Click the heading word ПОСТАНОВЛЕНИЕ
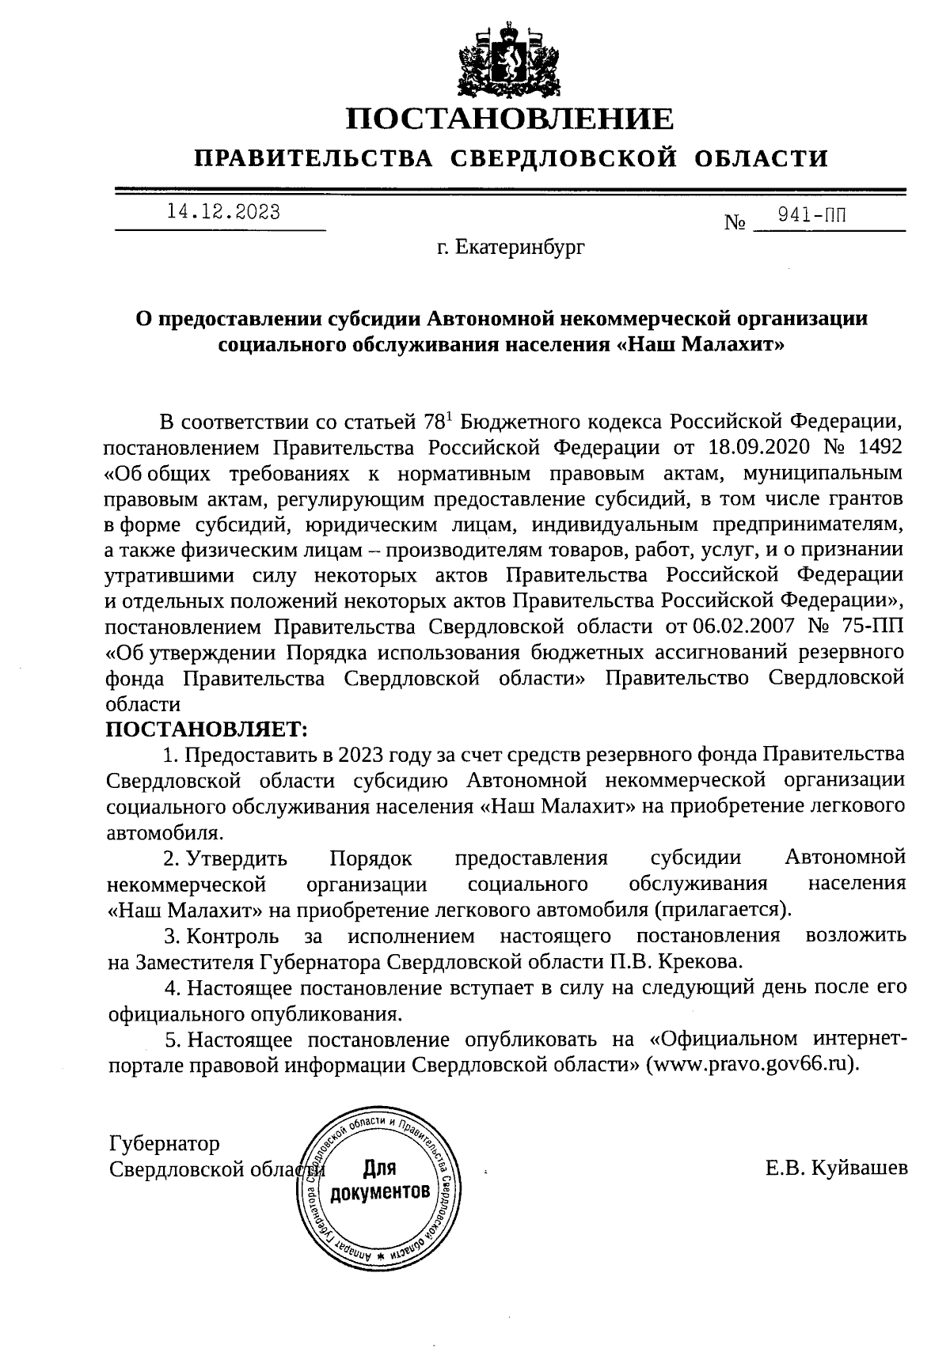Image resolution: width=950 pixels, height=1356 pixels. point(511,119)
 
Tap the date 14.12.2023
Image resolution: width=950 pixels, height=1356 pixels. point(223,212)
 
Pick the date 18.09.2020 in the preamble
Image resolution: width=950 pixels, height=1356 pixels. point(755,446)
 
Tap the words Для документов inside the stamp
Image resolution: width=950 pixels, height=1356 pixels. point(381,1180)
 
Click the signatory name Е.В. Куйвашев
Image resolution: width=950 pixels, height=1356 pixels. point(836,1169)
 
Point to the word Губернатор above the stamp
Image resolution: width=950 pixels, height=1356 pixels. point(164,1143)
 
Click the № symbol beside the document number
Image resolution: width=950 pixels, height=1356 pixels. point(735,223)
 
